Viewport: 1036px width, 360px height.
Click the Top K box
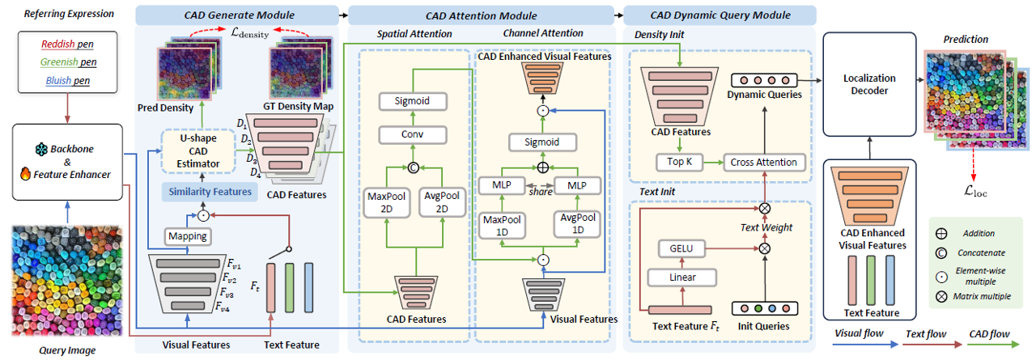pos(679,163)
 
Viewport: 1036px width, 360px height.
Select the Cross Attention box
pos(764,163)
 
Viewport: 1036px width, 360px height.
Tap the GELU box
pos(681,248)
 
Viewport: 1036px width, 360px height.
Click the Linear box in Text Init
pos(682,277)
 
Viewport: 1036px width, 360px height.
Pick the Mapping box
pos(188,236)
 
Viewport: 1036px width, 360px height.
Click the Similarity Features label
pos(210,192)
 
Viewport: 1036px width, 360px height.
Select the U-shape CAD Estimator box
pos(198,151)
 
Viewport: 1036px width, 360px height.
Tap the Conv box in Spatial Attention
pos(413,134)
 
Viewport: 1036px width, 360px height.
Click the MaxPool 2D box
pos(387,202)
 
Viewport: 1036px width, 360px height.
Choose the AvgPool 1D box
pos(578,223)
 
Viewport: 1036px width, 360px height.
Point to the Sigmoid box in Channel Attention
pos(542,142)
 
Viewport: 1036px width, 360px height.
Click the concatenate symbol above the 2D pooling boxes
pos(414,167)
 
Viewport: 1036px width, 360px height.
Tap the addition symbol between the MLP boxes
pos(543,167)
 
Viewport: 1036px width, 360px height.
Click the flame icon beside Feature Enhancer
pos(25,174)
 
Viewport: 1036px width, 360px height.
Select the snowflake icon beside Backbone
pos(41,150)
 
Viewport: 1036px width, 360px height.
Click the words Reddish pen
pos(67,44)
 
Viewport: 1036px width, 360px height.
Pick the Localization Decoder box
pos(869,84)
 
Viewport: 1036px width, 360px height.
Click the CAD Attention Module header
pos(481,15)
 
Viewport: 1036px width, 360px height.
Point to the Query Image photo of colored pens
pos(67,281)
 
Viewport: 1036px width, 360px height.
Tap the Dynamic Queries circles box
pos(764,80)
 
